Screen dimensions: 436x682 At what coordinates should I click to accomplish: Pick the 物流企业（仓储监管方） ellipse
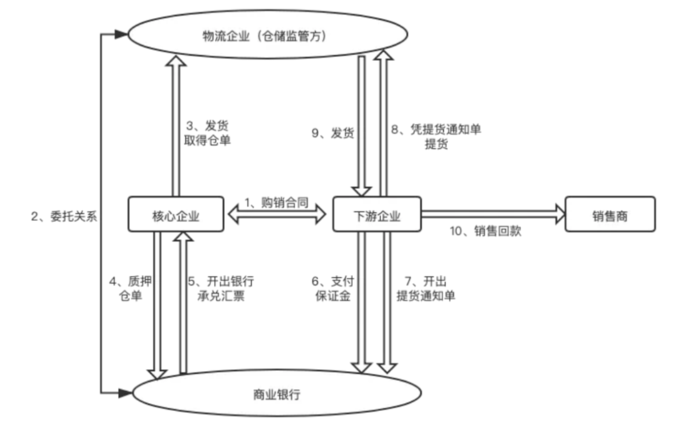[x=267, y=36]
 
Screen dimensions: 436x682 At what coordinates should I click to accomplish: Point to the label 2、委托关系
[x=64, y=216]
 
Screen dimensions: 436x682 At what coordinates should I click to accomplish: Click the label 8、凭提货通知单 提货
[x=436, y=136]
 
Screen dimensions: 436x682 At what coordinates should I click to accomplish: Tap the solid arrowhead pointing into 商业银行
[x=125, y=393]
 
